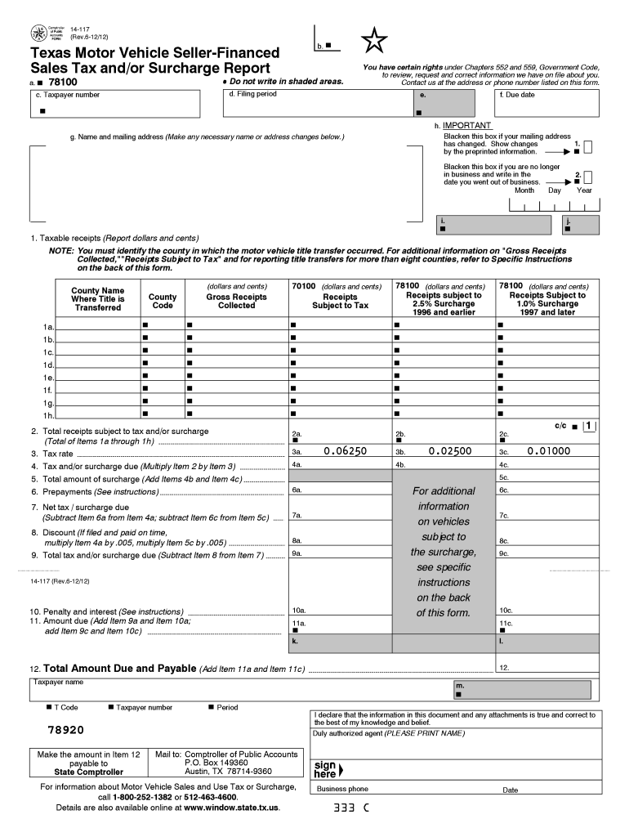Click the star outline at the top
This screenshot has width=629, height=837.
(374, 40)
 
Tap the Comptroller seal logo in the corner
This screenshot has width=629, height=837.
(39, 33)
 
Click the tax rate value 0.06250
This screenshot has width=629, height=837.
(345, 451)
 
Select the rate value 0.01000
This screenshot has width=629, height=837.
(550, 451)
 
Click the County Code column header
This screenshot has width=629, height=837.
(163, 301)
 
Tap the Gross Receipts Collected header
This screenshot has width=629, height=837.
(237, 301)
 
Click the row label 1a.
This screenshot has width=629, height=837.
(48, 327)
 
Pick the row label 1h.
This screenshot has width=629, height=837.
(48, 416)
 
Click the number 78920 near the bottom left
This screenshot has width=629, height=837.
(65, 729)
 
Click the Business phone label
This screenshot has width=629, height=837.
(342, 790)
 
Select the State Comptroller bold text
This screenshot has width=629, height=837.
(89, 772)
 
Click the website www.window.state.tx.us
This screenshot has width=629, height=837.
(231, 808)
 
